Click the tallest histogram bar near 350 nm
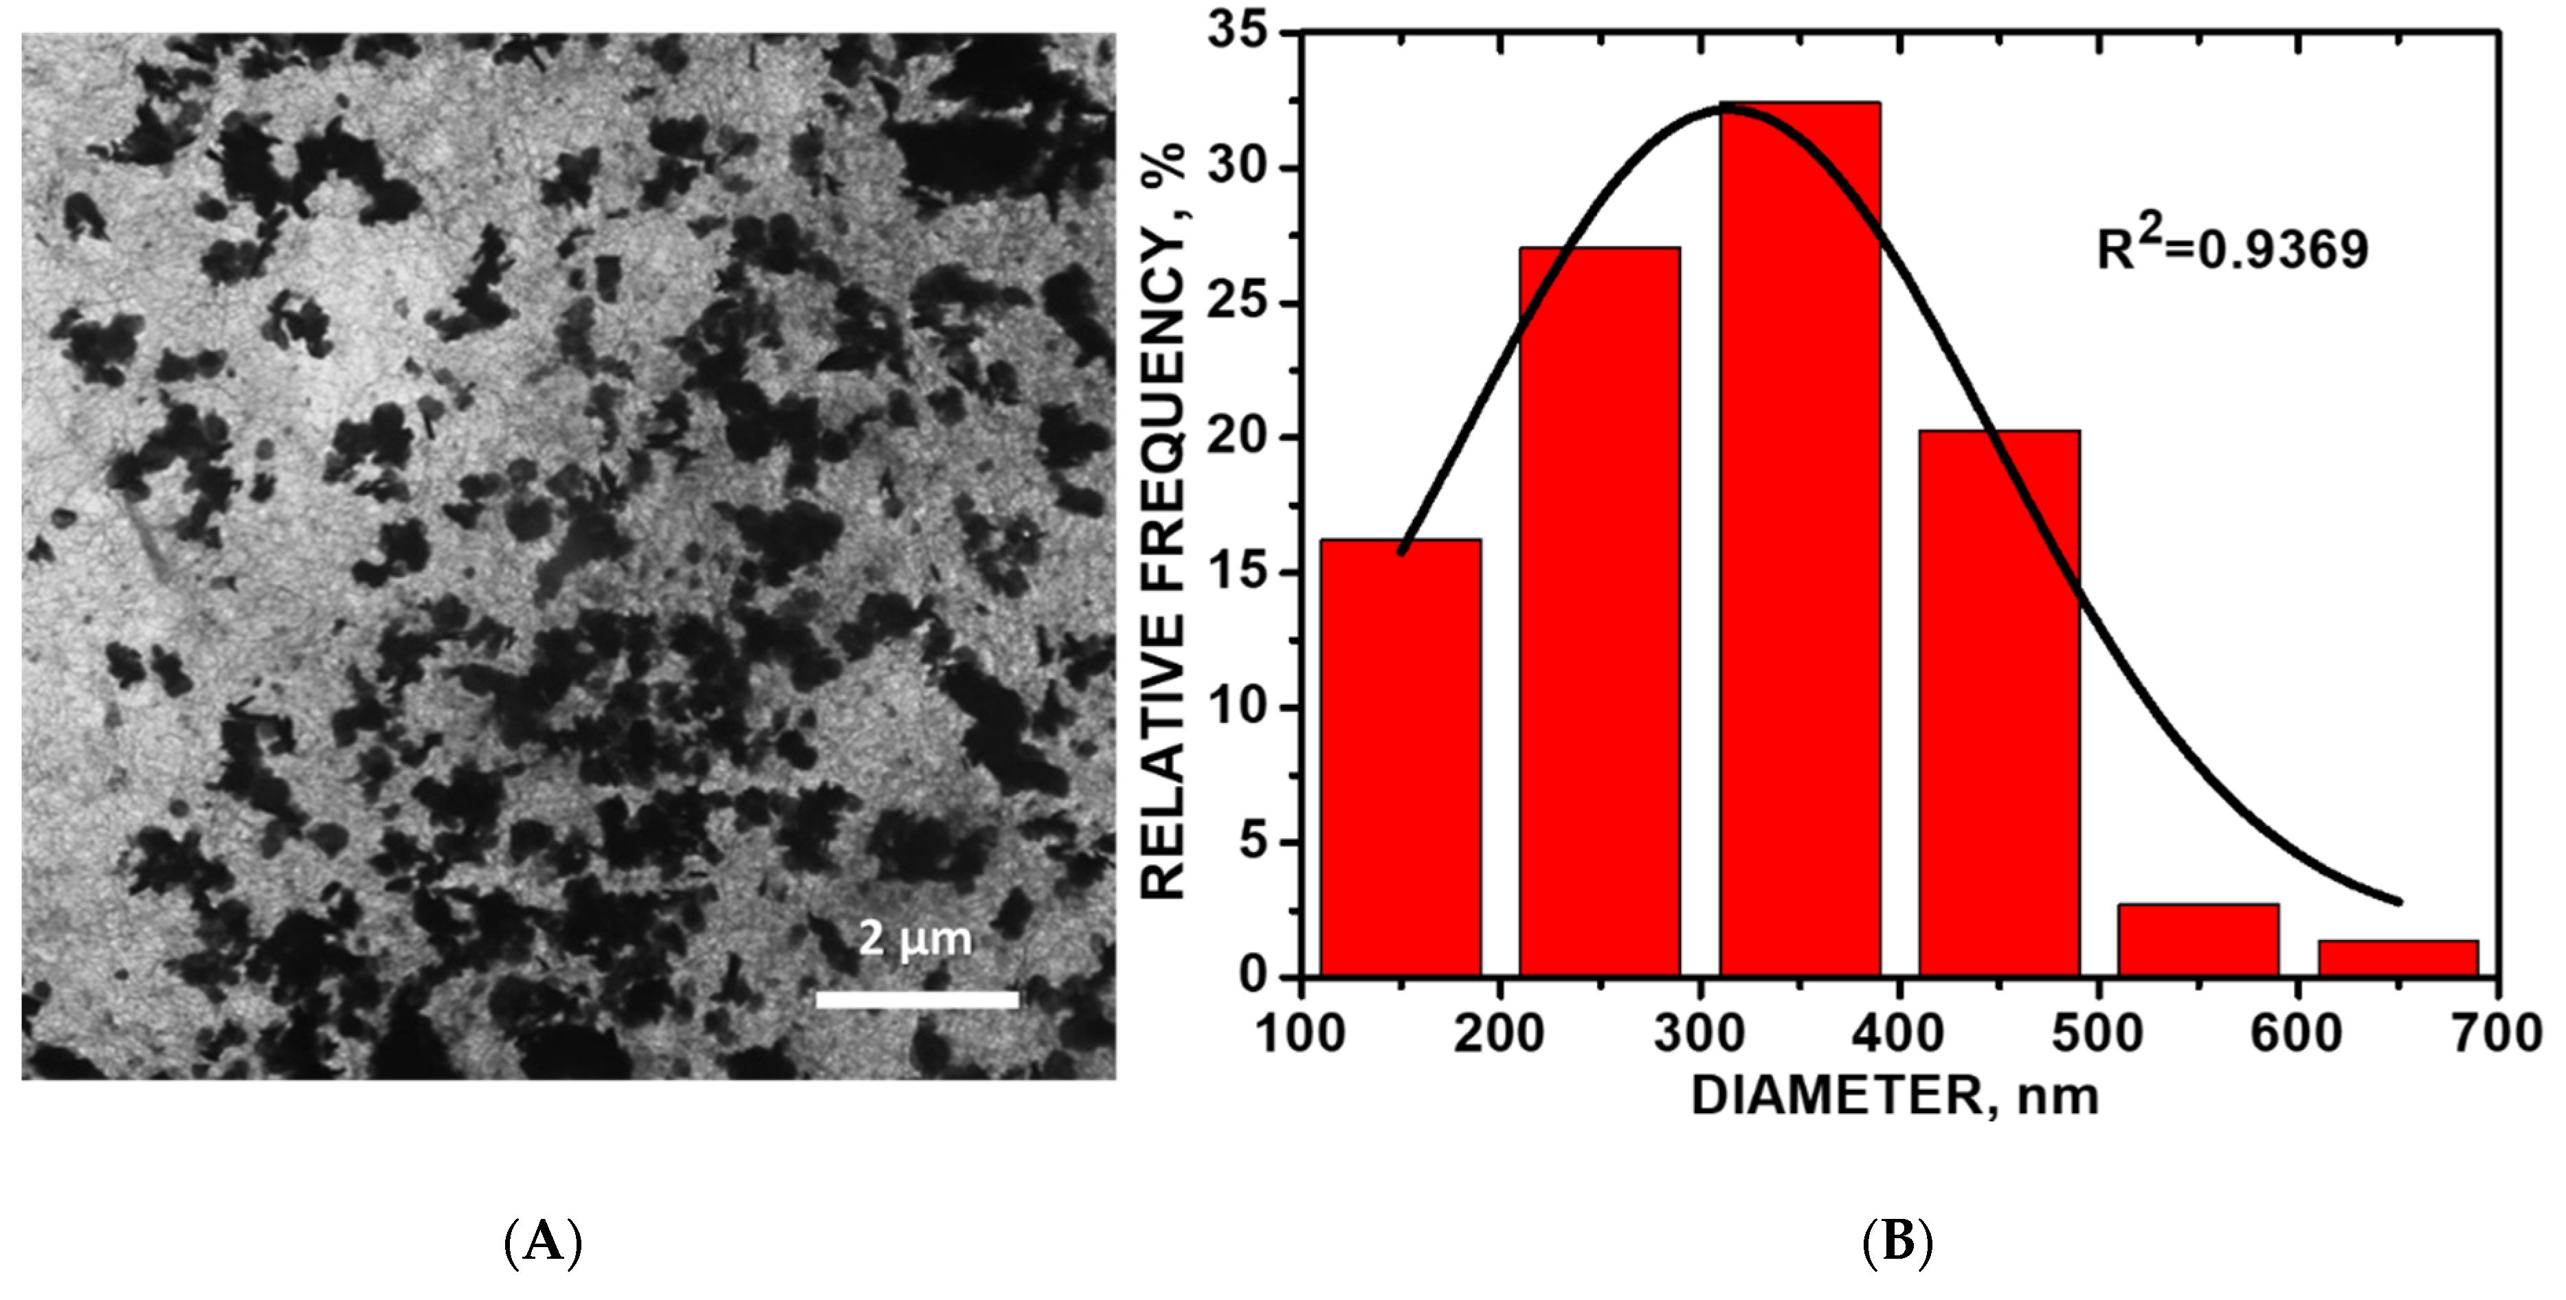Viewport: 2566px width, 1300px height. click(x=1800, y=538)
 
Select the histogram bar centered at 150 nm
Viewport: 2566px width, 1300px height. click(x=1401, y=757)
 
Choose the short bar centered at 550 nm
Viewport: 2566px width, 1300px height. click(x=2198, y=939)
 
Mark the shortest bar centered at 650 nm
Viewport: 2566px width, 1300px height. click(x=2398, y=957)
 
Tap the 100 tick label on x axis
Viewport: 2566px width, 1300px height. click(x=1301, y=1033)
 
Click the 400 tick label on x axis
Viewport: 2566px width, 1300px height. click(x=1899, y=1033)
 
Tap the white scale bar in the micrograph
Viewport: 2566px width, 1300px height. click(x=917, y=999)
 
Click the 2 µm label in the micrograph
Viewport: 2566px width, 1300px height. click(x=915, y=939)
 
